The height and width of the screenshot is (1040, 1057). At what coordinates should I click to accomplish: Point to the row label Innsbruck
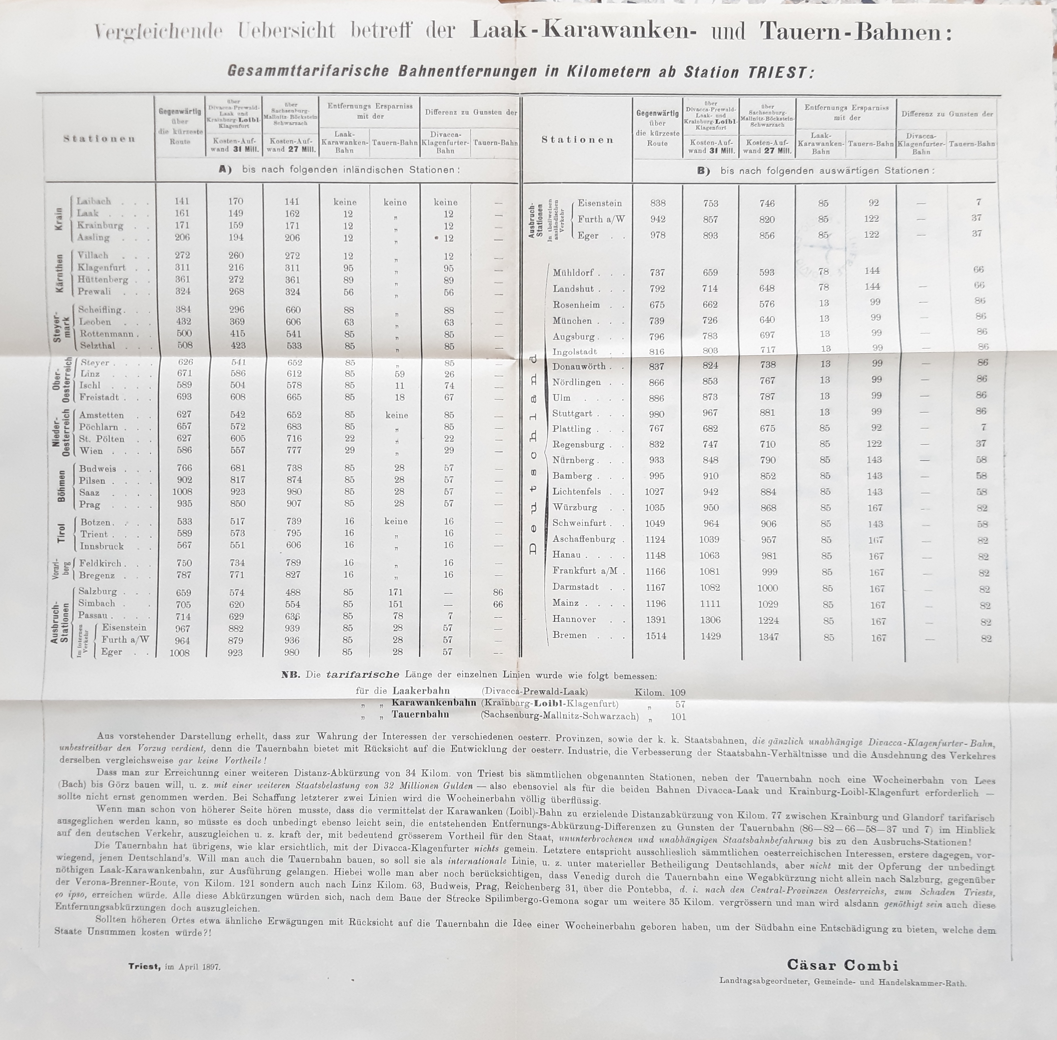point(102,546)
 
